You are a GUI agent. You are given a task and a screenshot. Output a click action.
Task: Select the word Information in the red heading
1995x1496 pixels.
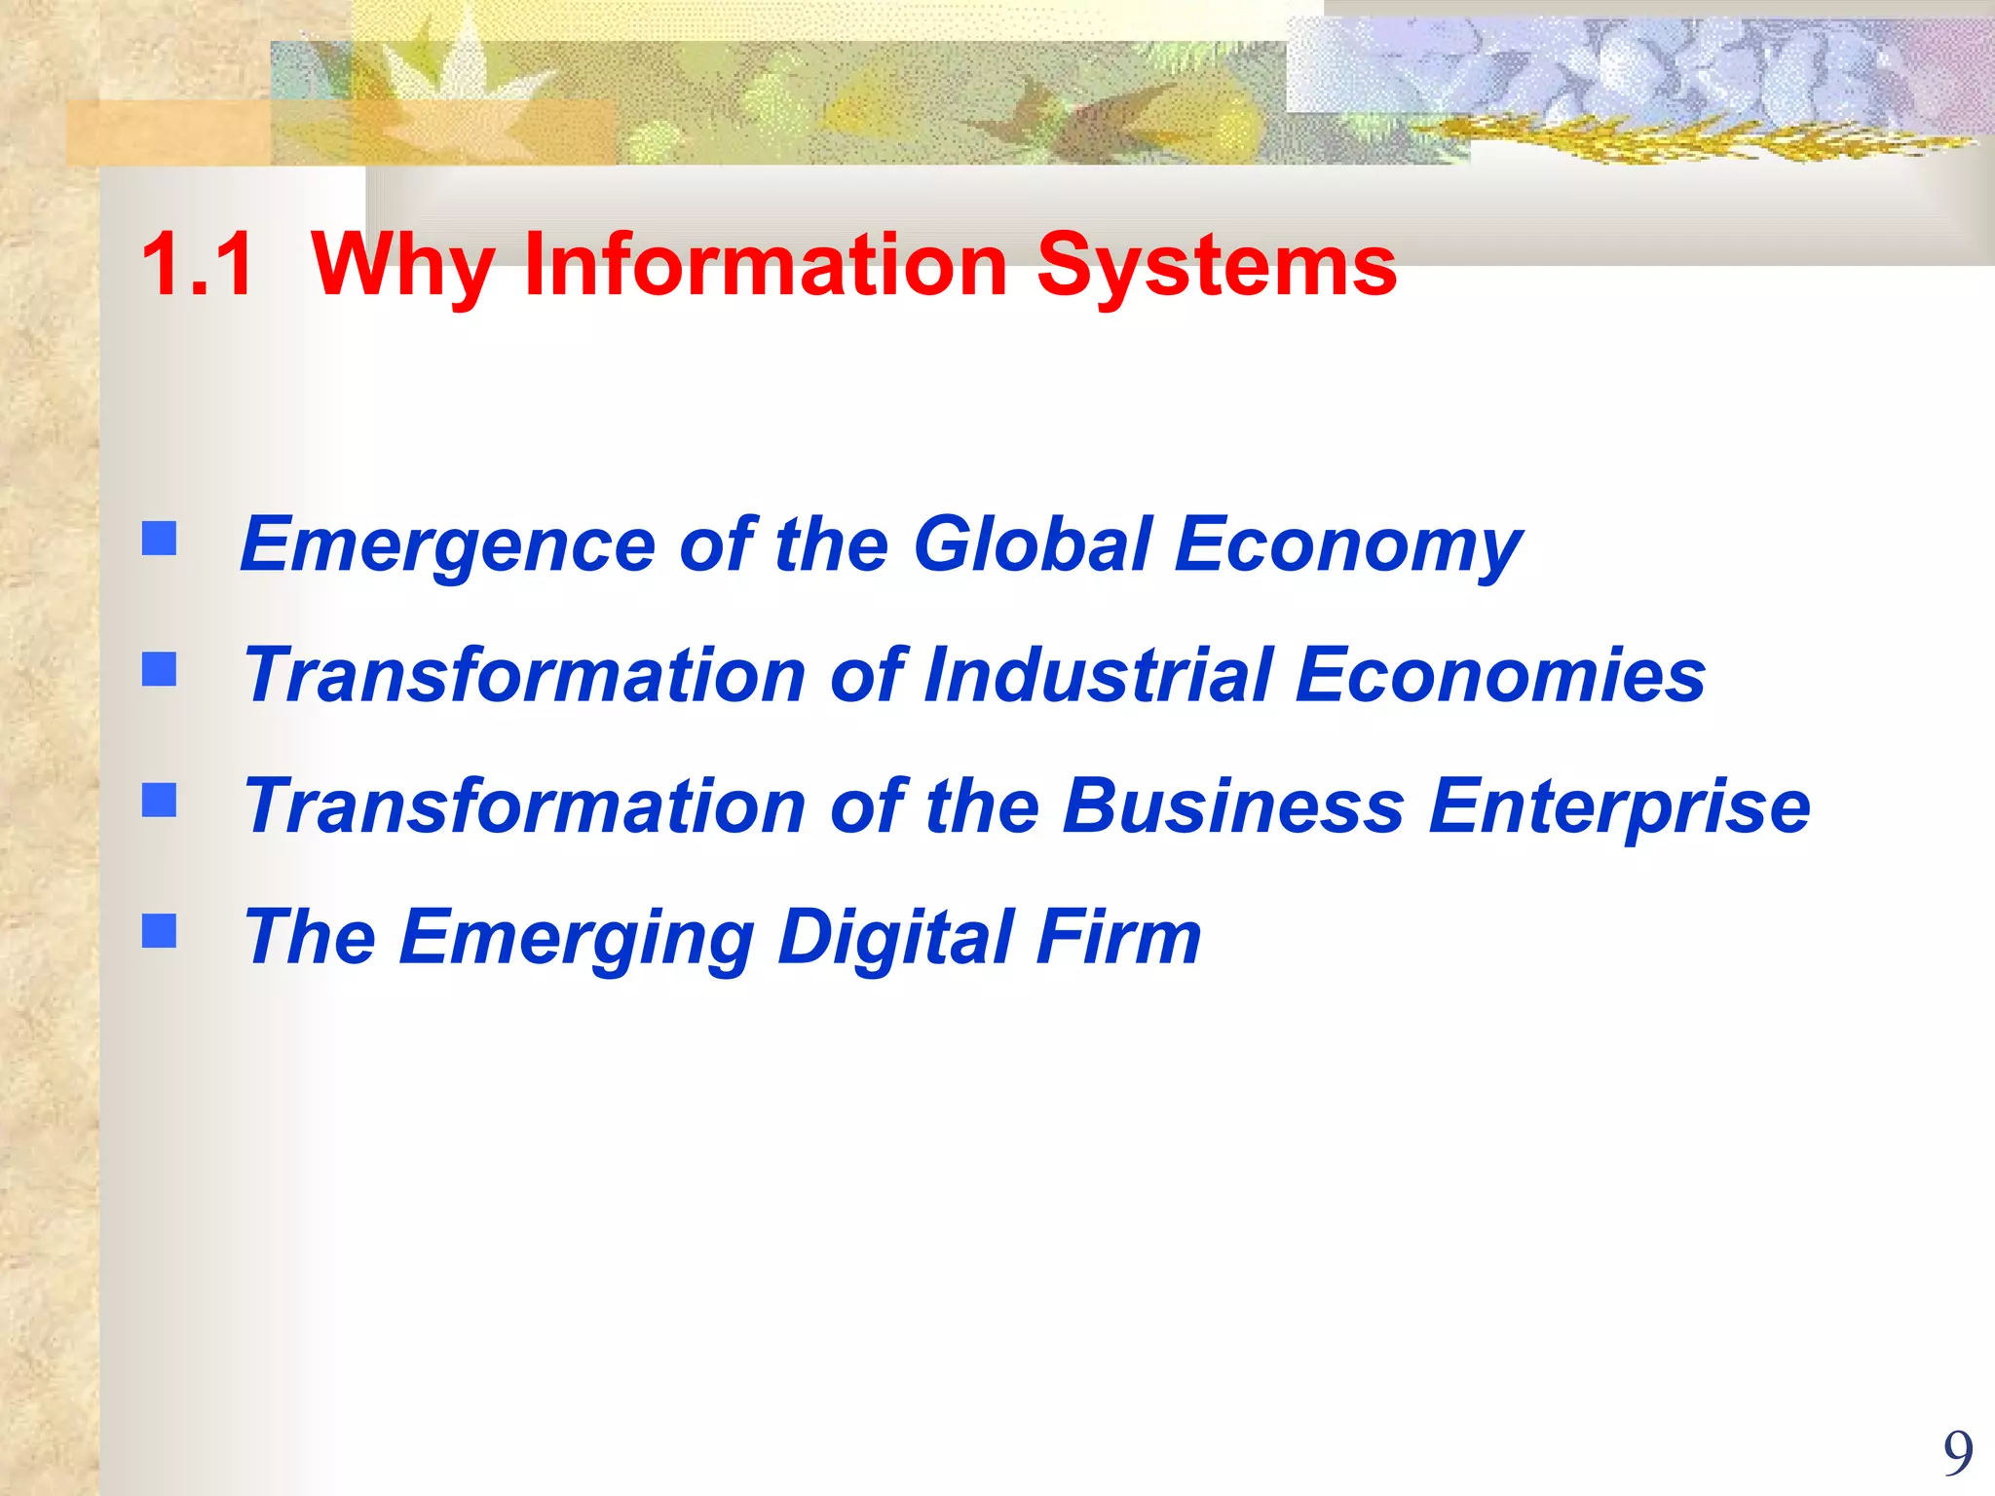click(x=766, y=264)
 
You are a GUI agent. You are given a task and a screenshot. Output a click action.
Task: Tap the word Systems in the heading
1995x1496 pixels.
click(x=1217, y=266)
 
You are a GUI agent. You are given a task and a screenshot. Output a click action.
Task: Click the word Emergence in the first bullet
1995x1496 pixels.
click(x=448, y=545)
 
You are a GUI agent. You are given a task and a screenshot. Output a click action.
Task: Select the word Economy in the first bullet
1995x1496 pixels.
click(x=1348, y=545)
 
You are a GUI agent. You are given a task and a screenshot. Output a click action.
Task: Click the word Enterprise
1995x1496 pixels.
click(x=1619, y=807)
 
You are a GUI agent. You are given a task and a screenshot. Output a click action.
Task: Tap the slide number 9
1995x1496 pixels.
click(x=1958, y=1454)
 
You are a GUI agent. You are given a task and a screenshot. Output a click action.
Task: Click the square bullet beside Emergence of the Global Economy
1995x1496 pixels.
click(x=160, y=538)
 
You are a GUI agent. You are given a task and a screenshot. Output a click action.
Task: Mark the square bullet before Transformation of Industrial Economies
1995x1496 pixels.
click(x=160, y=669)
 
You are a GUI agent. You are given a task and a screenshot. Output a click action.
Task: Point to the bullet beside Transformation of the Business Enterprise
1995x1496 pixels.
click(x=160, y=800)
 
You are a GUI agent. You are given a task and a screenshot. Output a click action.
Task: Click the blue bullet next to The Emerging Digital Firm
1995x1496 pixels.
click(x=160, y=930)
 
